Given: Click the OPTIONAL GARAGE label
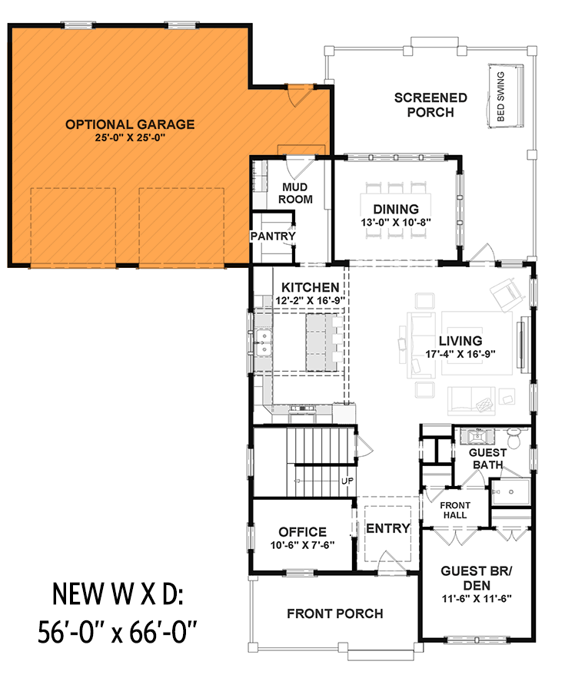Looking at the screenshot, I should pyautogui.click(x=129, y=124).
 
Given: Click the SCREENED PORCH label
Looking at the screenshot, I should pyautogui.click(x=430, y=105).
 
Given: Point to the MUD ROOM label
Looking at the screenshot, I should pyautogui.click(x=296, y=193).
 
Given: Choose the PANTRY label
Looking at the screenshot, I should pyautogui.click(x=273, y=236).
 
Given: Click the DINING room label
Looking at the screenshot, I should pyautogui.click(x=396, y=209).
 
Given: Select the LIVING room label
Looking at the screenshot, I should pyautogui.click(x=460, y=341).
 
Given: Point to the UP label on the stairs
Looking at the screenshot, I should pyautogui.click(x=347, y=481).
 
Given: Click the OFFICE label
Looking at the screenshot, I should pyautogui.click(x=302, y=531).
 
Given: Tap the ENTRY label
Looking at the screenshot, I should pyautogui.click(x=387, y=528).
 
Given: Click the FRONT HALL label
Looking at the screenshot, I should pyautogui.click(x=454, y=510).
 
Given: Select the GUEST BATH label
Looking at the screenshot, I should pyautogui.click(x=486, y=459).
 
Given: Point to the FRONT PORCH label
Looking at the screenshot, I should pyautogui.click(x=334, y=613).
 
